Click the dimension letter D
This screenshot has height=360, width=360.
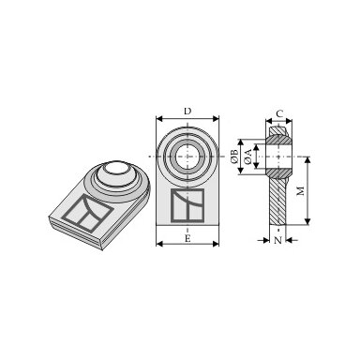click(x=187, y=112)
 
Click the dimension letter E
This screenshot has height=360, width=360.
click(x=187, y=239)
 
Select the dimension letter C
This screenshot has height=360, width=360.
click(x=279, y=113)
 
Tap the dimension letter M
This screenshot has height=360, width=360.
click(x=300, y=190)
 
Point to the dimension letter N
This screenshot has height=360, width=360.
click(x=277, y=240)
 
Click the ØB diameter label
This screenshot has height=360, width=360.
click(x=234, y=157)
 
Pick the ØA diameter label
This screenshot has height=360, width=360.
click(x=248, y=157)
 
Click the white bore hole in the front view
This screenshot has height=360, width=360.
click(x=187, y=157)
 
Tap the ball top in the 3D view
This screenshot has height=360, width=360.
click(x=115, y=168)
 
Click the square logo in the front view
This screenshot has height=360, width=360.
click(x=187, y=205)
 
